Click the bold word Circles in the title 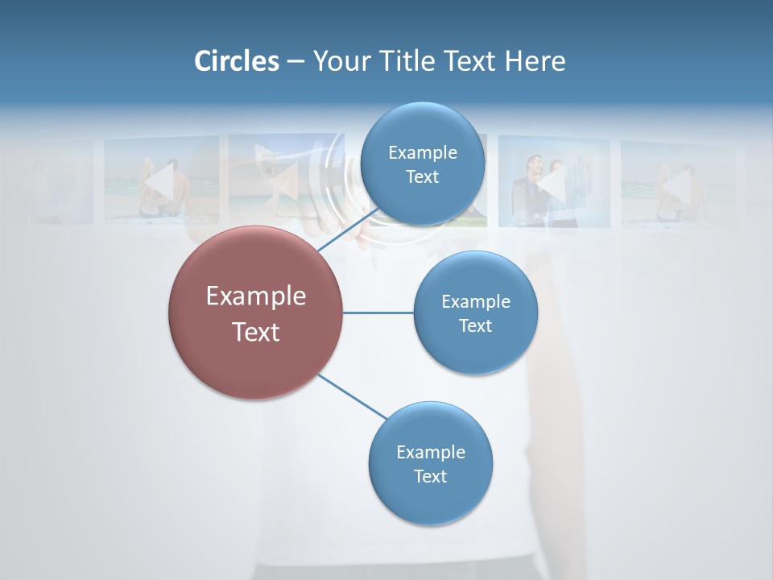tap(237, 61)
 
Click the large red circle tap(255, 354)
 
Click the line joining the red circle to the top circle tap(347, 230)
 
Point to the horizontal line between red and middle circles tap(378, 313)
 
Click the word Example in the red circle tap(255, 296)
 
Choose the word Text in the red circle tap(255, 332)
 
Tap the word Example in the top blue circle tap(422, 153)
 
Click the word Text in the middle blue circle tap(475, 325)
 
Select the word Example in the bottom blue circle tap(430, 452)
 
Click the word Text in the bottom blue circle tap(430, 476)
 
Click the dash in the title tap(295, 61)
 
